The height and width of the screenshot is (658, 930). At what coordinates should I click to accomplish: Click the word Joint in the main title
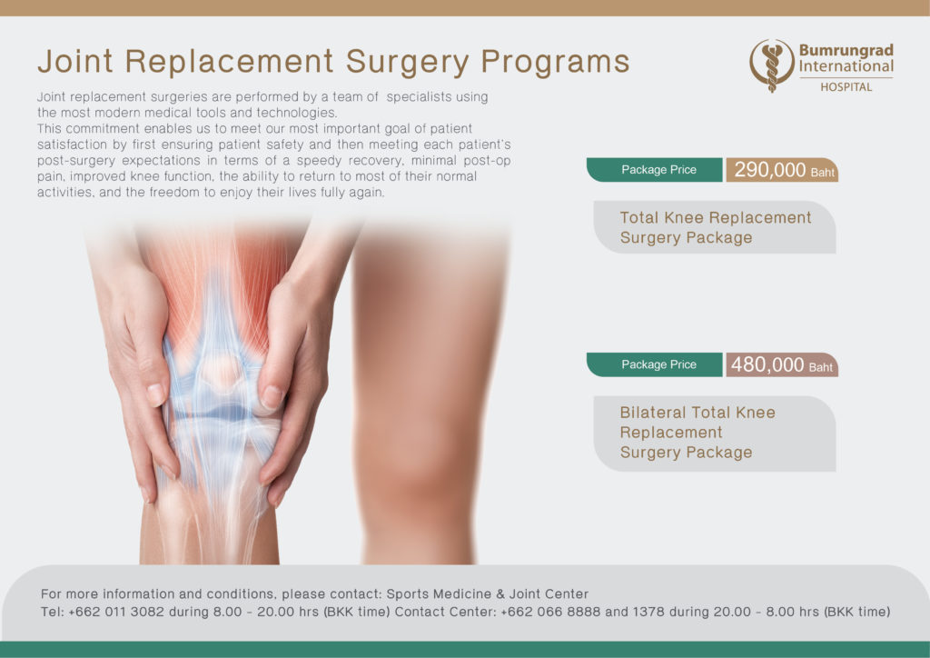(75, 61)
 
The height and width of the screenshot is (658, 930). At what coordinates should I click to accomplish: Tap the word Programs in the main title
(555, 63)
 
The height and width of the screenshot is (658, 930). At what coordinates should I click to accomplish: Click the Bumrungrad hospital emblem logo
(772, 65)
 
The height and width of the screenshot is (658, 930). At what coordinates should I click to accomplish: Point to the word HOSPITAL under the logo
(846, 87)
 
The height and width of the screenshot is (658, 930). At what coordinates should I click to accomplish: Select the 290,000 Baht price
(782, 170)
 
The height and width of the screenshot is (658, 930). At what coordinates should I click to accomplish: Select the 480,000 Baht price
(782, 364)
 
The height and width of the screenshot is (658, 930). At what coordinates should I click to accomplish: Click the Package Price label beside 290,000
(658, 170)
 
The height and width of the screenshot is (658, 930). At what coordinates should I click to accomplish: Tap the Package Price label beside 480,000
(658, 364)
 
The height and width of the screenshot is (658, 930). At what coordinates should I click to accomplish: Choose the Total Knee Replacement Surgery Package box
(715, 227)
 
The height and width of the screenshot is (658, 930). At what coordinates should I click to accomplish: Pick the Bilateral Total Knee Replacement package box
(715, 434)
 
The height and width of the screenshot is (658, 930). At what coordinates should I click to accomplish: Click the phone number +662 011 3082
(116, 612)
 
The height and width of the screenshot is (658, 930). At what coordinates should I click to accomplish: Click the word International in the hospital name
(846, 66)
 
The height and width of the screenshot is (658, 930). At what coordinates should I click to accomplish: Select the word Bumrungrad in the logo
(846, 50)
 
